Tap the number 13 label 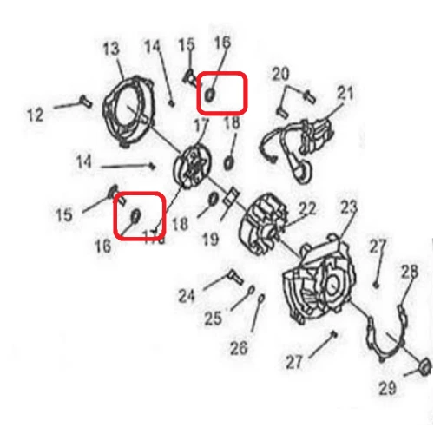(111, 49)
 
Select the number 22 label (307, 209)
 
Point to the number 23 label (349, 208)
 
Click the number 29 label (387, 387)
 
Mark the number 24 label (187, 295)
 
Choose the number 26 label (239, 348)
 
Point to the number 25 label (214, 319)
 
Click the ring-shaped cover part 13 (130, 109)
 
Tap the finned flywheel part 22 (264, 220)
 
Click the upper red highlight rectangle (222, 93)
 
